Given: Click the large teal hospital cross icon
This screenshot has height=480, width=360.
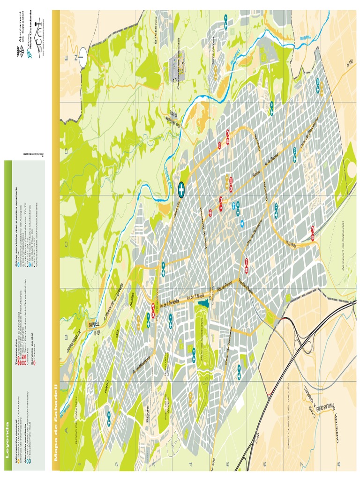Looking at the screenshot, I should [180, 189].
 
